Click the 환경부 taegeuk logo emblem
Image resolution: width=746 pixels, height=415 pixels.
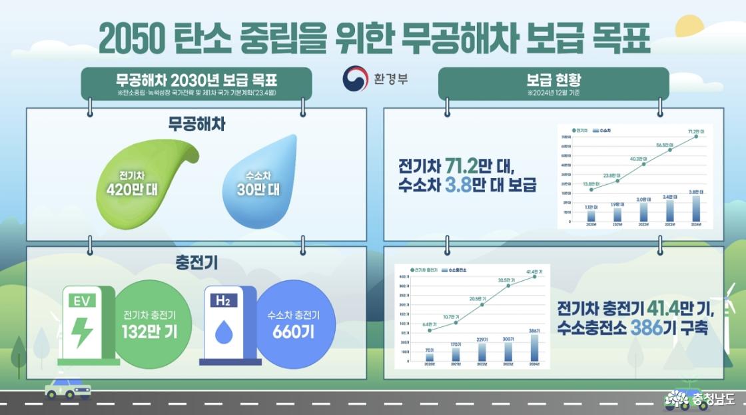[x=355, y=79]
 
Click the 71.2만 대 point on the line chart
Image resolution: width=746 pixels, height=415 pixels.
[x=697, y=137]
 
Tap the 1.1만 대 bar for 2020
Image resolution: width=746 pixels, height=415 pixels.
[x=591, y=216]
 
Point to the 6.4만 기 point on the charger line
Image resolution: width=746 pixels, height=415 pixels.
[x=430, y=330]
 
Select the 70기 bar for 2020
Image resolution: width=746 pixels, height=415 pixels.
[x=430, y=357]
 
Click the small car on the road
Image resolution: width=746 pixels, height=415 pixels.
[x=67, y=388]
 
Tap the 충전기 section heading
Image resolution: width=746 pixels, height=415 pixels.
[x=196, y=263]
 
